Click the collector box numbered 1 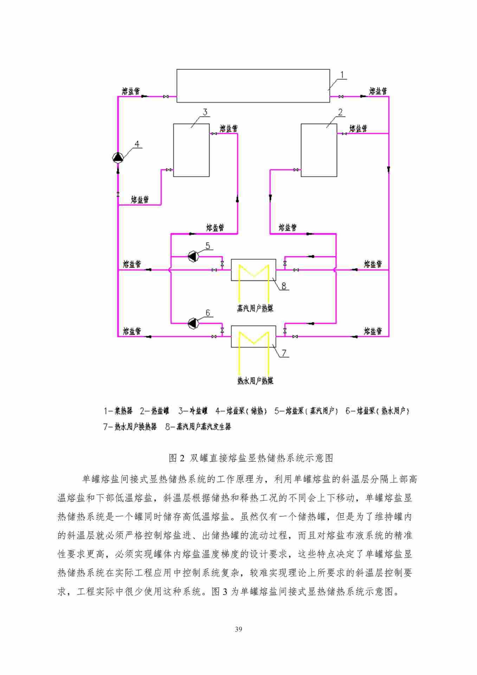[253, 86]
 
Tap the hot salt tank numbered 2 [319, 150]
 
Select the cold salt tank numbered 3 [191, 150]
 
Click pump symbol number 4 [118, 157]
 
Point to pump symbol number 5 [193, 256]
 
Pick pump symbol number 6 [193, 323]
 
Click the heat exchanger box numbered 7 [253, 336]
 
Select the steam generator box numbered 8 [253, 270]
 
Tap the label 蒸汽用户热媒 [255, 309]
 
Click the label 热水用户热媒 [255, 381]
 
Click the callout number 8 [284, 286]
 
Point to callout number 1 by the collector [342, 75]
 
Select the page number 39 [238, 629]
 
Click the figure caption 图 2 [176, 458]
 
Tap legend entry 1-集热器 [118, 411]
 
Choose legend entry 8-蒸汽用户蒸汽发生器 [198, 427]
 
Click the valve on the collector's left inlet [166, 96]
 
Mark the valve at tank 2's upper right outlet [344, 134]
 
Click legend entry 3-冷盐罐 [193, 411]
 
